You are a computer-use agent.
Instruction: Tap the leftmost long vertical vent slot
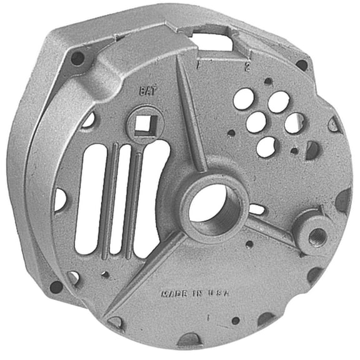click(90, 199)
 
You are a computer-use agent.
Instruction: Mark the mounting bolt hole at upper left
click(77, 59)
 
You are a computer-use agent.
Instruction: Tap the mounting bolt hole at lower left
click(56, 287)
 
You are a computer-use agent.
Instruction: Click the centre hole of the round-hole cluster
click(256, 122)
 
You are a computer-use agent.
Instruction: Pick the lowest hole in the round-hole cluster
click(267, 146)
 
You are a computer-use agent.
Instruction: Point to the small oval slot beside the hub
click(256, 208)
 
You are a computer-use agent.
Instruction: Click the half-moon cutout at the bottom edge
click(190, 339)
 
